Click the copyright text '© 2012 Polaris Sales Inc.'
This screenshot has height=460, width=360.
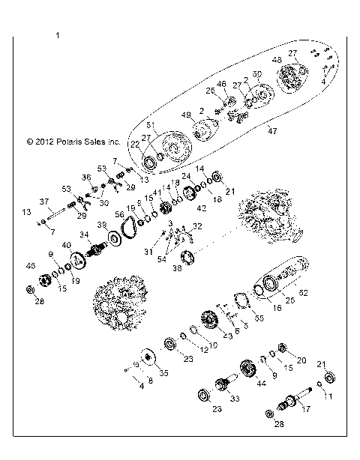tap(73, 140)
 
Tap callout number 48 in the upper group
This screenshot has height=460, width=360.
tap(277, 59)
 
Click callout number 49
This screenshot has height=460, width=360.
tap(186, 115)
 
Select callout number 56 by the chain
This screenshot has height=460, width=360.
tap(118, 214)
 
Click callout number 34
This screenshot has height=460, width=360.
tap(85, 234)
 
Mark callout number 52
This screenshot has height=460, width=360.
tap(304, 292)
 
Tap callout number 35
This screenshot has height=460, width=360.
tap(164, 372)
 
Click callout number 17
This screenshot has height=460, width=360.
tap(305, 410)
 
